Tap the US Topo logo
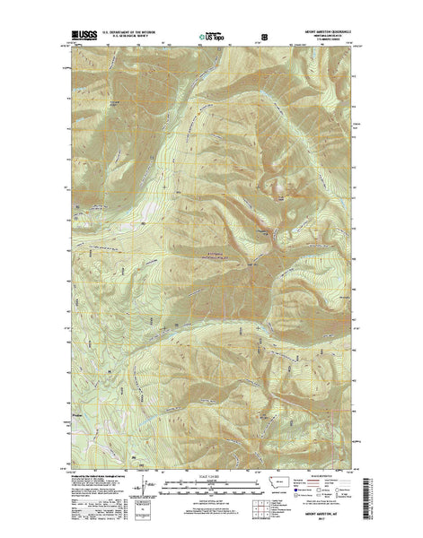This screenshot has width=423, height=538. point(214,39)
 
